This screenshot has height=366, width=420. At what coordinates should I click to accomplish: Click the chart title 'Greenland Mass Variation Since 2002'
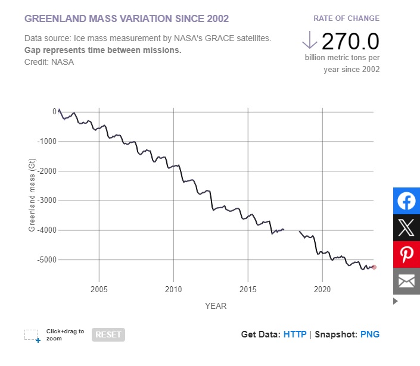coord(126,18)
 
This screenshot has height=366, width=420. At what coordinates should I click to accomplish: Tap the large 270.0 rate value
coord(350,41)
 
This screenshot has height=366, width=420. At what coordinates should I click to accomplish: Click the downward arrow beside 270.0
coord(309,40)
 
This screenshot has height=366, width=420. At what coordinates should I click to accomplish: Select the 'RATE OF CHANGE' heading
coord(346,18)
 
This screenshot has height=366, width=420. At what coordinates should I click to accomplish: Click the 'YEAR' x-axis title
coord(216,306)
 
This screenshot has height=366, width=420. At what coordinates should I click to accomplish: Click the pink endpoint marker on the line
coord(374,267)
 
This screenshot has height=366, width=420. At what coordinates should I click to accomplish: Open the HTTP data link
coord(295,334)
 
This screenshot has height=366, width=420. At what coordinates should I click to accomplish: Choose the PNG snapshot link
coord(369,334)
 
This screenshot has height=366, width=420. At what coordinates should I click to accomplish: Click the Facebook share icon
coord(406,201)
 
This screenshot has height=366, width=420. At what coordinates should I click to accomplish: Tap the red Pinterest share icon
coord(406,254)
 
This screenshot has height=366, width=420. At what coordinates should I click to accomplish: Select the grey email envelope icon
coord(406,281)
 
